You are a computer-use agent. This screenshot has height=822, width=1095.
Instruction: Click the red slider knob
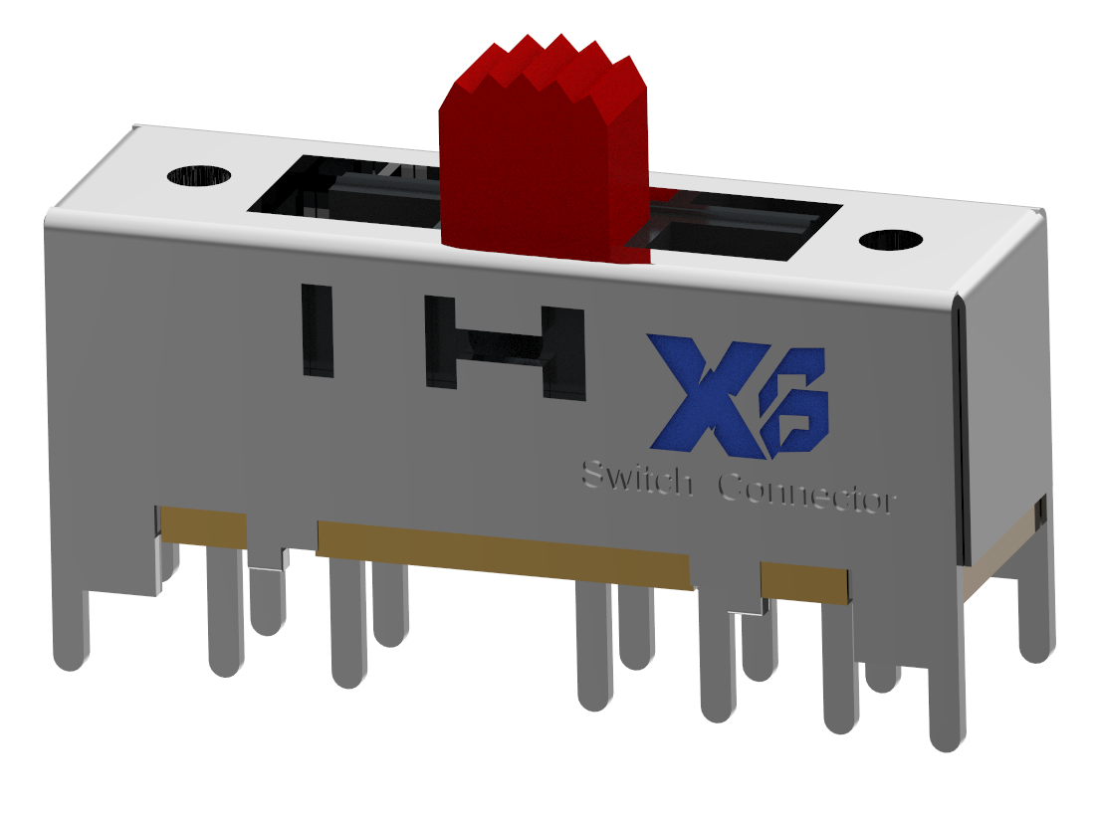[x=543, y=169]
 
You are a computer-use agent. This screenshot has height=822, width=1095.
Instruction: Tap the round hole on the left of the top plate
[x=199, y=176]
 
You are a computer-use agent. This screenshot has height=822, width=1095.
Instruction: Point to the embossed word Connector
[x=806, y=492]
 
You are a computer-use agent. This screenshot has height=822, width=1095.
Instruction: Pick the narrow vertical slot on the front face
[x=317, y=330]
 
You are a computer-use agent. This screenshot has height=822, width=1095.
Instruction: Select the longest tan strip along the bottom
[x=503, y=551]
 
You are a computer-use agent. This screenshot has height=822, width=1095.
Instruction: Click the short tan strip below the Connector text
[x=804, y=581]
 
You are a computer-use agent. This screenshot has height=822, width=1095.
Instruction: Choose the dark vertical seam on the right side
[x=961, y=428]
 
